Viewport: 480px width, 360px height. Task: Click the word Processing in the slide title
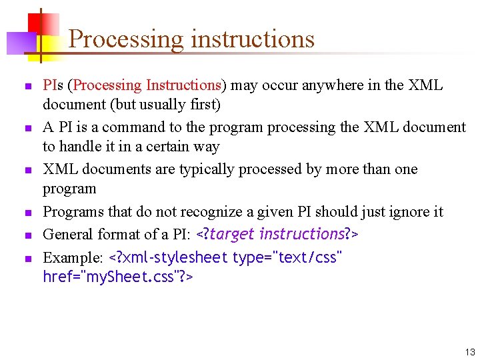tap(126, 39)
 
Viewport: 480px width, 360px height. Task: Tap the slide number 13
tap(470, 351)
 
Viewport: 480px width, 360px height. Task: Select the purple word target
tap(233, 234)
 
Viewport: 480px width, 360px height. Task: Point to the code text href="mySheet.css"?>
tap(118, 276)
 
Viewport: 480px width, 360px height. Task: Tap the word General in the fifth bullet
tap(67, 234)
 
